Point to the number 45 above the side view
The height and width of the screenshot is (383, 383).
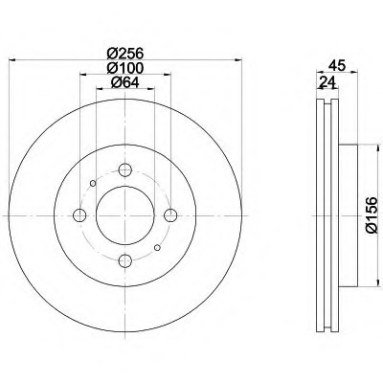coord(335,66)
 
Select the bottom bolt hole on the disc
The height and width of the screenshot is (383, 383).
coord(125,260)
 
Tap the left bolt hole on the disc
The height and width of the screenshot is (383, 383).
coord(80,215)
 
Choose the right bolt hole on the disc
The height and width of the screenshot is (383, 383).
coord(170,215)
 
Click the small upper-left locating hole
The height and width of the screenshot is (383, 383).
coord(93,183)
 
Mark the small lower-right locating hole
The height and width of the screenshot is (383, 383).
coord(158,248)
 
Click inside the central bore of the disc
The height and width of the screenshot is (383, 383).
coord(125,215)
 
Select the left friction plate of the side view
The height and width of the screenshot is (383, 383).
coord(318,215)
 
